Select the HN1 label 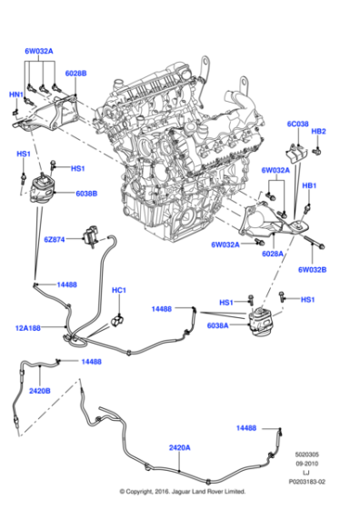(x=17, y=94)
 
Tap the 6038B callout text (x=87, y=194)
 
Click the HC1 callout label (x=118, y=291)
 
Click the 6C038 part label (x=299, y=124)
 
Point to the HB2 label (x=319, y=131)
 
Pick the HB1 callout (x=309, y=185)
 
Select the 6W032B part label (x=312, y=269)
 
